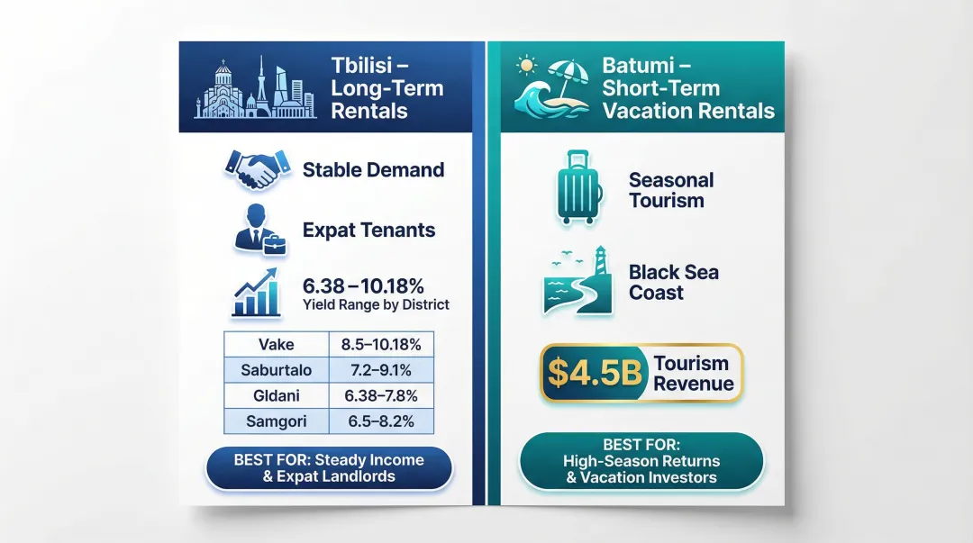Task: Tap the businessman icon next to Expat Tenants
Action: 256,228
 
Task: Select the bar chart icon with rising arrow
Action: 257,293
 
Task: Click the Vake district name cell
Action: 276,344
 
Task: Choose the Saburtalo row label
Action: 276,369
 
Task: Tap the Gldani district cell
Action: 276,395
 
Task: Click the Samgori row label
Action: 276,421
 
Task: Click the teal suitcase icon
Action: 579,187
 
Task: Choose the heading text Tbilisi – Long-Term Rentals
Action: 387,88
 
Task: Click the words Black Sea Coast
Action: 674,282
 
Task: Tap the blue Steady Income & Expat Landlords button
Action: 329,467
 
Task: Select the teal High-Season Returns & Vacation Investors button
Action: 641,461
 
